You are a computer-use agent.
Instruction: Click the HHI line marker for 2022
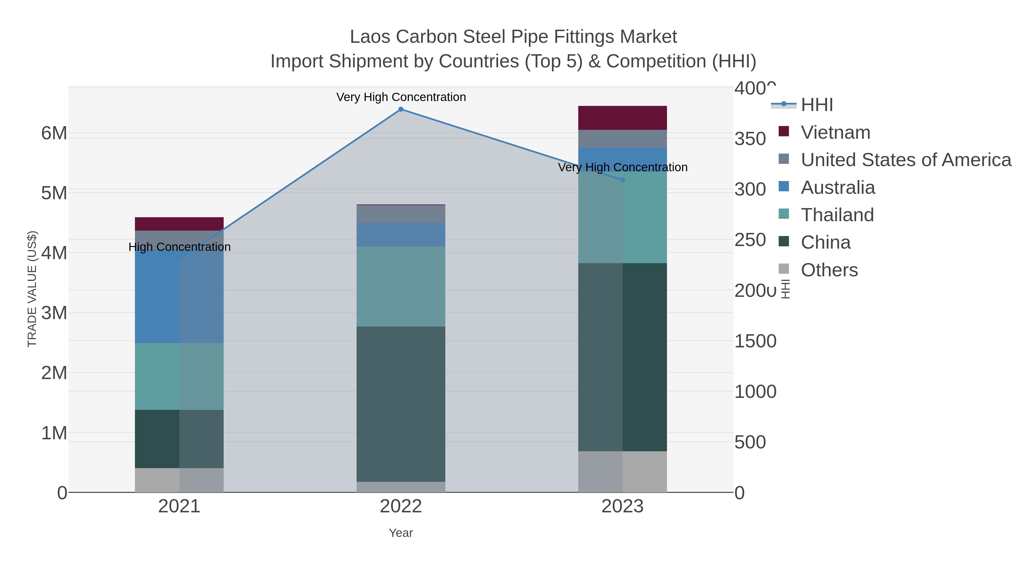coord(401,109)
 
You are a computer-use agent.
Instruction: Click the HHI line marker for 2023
coord(622,180)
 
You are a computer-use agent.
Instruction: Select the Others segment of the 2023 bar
coord(622,472)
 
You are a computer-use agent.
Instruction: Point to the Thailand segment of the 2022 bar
coord(401,286)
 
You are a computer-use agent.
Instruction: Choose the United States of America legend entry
coord(905,160)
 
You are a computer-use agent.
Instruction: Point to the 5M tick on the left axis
coord(54,193)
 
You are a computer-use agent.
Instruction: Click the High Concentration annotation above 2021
coord(179,247)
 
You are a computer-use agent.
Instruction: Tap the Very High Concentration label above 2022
coord(401,97)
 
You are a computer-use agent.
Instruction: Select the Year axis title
coord(401,533)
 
